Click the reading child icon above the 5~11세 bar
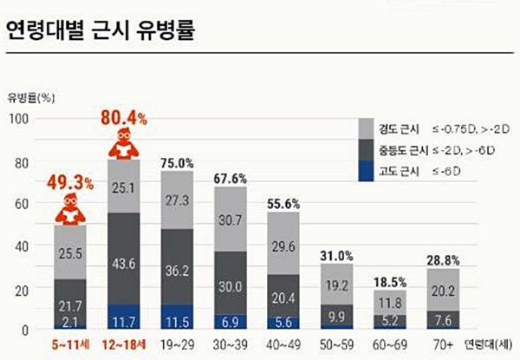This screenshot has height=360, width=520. pos(69,210)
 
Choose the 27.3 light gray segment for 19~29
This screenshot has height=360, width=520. pos(177,200)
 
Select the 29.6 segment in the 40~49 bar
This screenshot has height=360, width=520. pos(283,246)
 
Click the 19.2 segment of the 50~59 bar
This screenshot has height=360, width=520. pos(336,284)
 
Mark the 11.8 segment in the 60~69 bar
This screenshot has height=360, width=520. pos(389,302)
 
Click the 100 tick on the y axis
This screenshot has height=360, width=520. pos(19,118)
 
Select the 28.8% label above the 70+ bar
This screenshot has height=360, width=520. pos(442,260)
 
